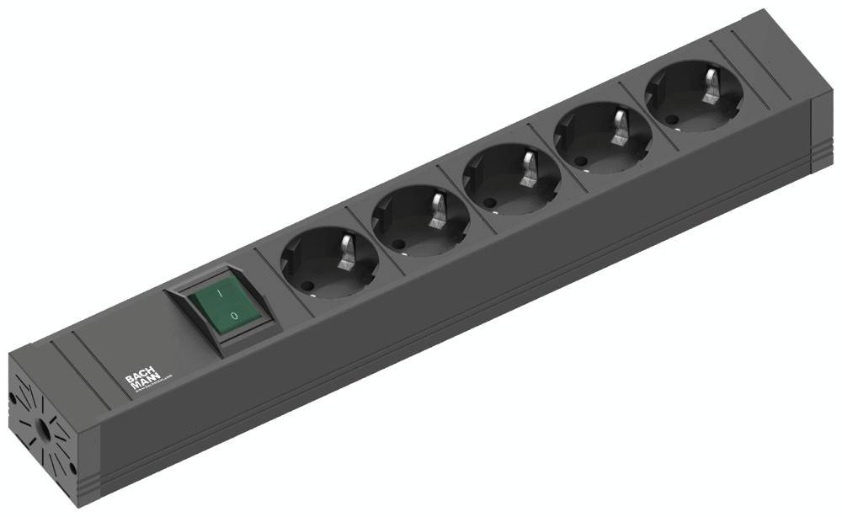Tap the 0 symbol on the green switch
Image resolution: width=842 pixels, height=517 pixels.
click(233, 317)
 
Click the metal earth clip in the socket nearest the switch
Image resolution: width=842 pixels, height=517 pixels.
click(347, 253)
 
